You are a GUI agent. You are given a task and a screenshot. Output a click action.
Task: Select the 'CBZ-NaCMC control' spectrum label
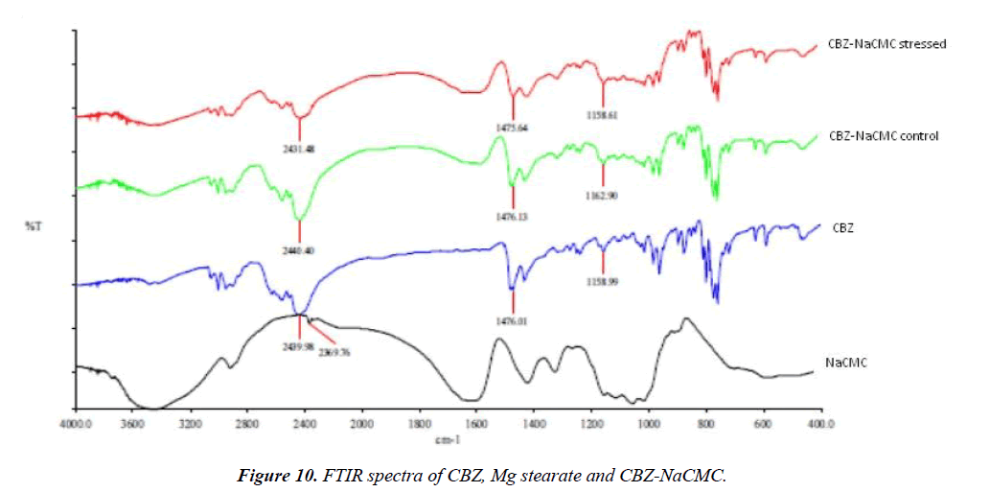(883, 136)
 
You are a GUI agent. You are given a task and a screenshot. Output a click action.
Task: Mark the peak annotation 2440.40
(299, 250)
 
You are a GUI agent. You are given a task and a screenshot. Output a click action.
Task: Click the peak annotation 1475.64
(513, 126)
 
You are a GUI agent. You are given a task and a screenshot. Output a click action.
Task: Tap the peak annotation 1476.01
(514, 321)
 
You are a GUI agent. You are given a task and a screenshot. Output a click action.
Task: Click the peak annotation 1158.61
(603, 113)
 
